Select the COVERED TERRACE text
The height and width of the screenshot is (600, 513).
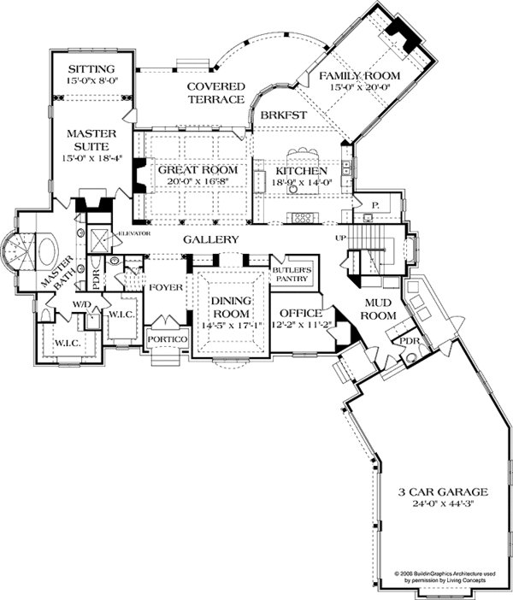pos(217,93)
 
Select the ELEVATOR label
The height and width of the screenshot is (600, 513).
pos(134,232)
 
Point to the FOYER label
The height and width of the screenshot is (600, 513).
pos(166,287)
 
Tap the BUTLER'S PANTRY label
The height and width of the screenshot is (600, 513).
pos(292,274)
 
